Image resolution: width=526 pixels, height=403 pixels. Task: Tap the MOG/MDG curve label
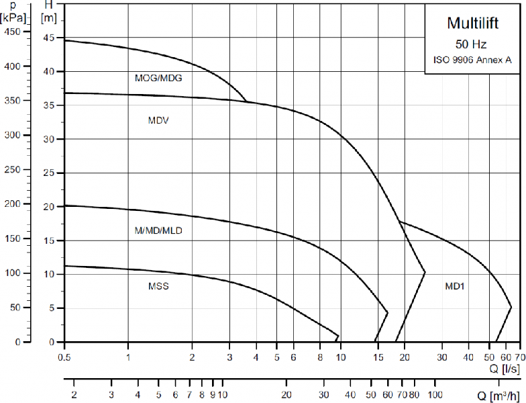coord(158,78)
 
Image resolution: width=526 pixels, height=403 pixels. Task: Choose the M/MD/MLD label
coord(158,230)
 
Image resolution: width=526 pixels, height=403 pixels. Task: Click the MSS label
coord(158,286)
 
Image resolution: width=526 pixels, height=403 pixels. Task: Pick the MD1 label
coord(455,286)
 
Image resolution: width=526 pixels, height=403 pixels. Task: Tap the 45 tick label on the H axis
coord(48,38)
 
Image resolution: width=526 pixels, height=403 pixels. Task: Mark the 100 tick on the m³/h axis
coord(435,394)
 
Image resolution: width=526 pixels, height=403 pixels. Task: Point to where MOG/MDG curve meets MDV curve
coord(247,102)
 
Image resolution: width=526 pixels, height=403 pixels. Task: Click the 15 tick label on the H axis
coord(48,240)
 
